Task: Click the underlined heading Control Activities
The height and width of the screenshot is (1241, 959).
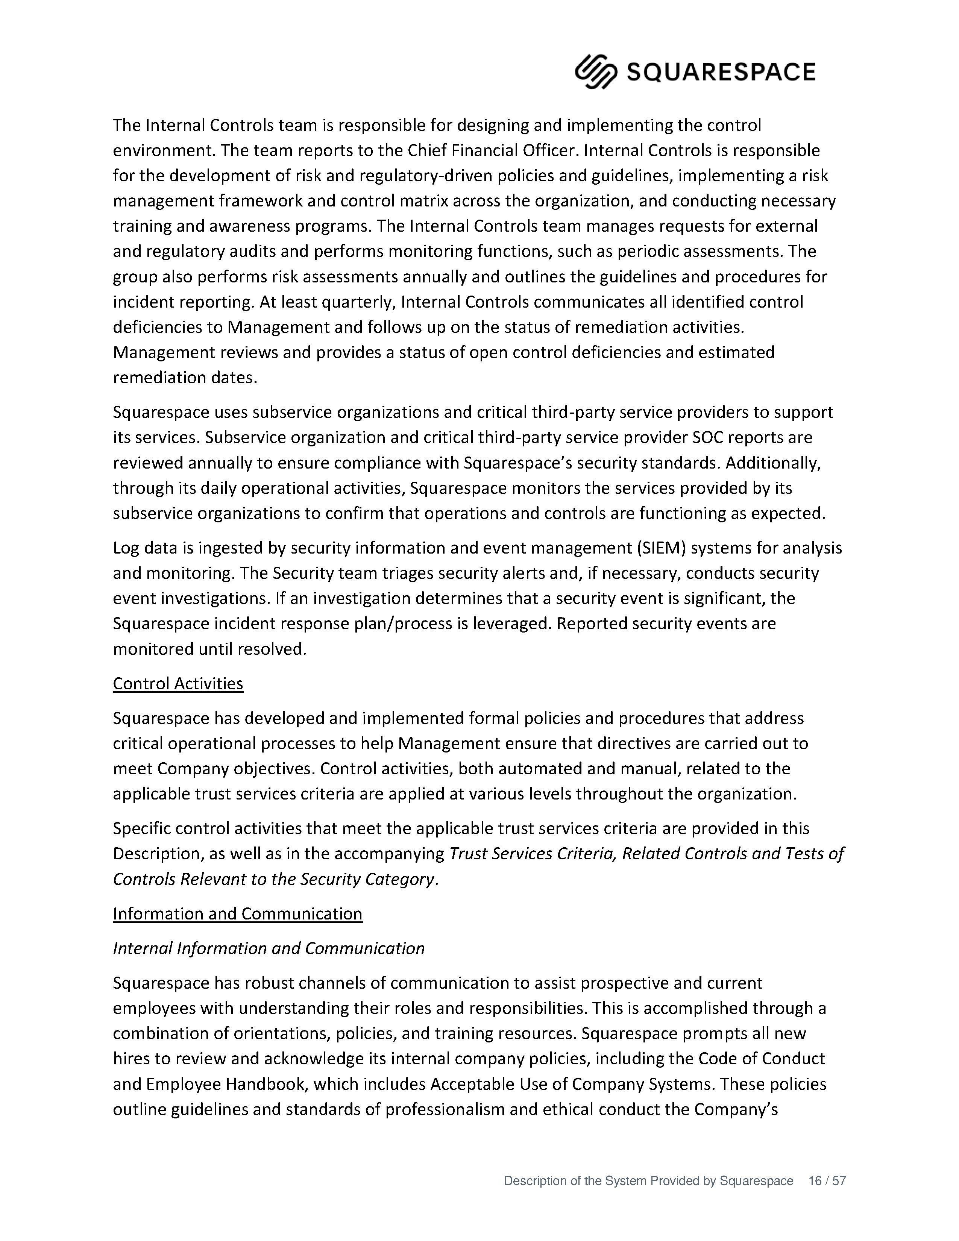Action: (178, 684)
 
